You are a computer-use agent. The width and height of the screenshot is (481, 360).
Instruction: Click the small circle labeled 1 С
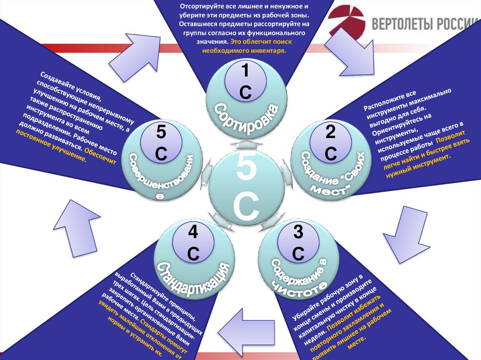point(245,81)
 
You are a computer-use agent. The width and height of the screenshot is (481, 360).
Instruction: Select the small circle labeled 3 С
point(297,243)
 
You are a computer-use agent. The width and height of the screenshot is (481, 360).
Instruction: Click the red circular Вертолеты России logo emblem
point(346,23)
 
